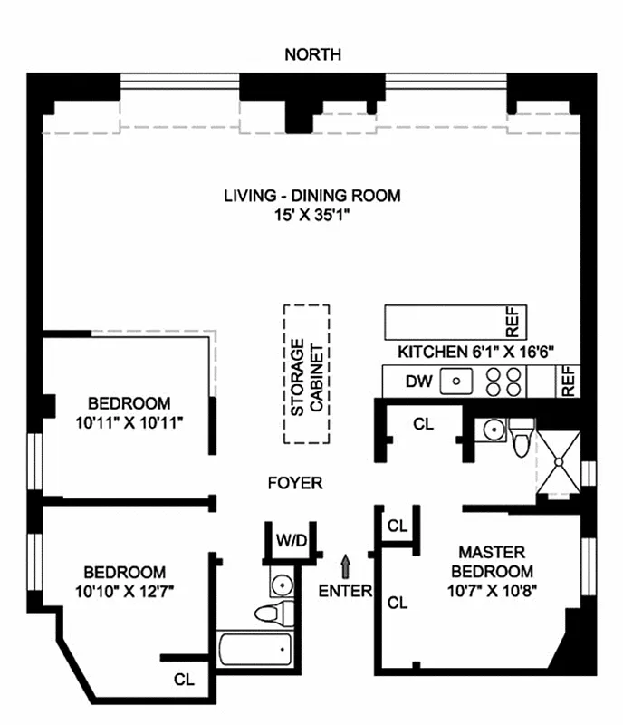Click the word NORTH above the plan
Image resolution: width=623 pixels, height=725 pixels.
coord(313,55)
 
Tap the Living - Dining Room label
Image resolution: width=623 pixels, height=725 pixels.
coord(312,196)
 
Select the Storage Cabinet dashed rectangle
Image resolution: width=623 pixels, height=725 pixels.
coord(306,373)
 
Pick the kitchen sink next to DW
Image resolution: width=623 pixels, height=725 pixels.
coord(454,382)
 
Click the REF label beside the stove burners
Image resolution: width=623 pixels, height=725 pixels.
coord(568,382)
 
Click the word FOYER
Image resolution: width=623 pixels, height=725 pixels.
coord(295,483)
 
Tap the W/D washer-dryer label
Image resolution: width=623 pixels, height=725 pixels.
coord(291,542)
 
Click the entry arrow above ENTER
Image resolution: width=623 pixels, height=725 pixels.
coord(345,566)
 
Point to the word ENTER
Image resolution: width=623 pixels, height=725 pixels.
coord(345,592)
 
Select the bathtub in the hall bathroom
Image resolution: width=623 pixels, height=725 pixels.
coord(256,650)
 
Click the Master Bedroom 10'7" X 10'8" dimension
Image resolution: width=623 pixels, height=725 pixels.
coord(494,593)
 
